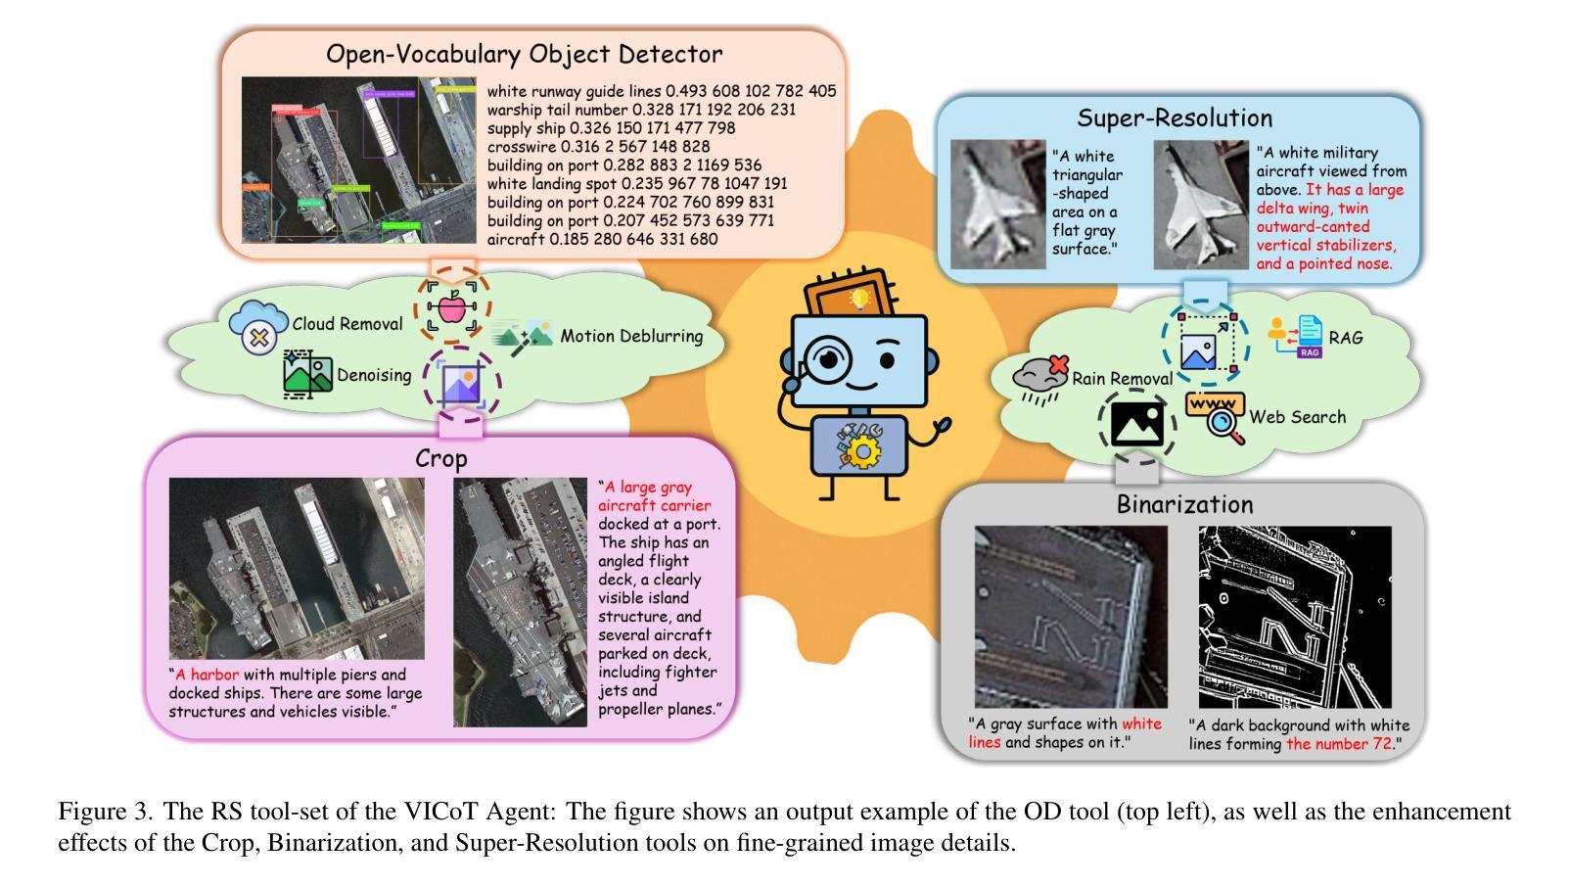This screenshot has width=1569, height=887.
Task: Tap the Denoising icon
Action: [x=307, y=374]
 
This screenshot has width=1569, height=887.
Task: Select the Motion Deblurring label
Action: [x=631, y=336]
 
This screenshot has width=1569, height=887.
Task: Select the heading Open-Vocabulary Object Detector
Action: [x=524, y=54]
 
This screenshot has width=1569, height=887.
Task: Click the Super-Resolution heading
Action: [x=1175, y=118]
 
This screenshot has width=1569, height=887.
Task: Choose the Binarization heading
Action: [x=1184, y=504]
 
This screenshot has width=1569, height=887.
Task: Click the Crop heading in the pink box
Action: [x=440, y=458]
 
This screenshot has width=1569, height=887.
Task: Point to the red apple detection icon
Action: [x=451, y=308]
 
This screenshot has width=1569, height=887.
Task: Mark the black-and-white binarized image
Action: [x=1294, y=617]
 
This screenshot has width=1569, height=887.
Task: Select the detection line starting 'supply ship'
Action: [x=611, y=128]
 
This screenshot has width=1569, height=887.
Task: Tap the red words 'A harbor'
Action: [x=207, y=675]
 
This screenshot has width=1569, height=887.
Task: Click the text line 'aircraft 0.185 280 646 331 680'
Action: [x=602, y=239]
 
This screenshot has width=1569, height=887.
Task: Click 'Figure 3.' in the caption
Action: [x=105, y=812]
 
